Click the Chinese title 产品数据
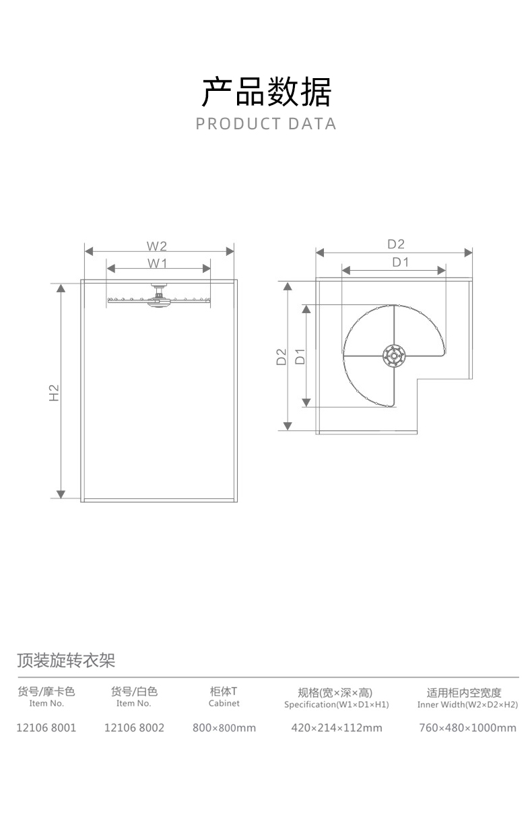click(x=266, y=92)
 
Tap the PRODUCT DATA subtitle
click(x=266, y=124)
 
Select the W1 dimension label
click(x=157, y=262)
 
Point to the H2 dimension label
click(x=55, y=393)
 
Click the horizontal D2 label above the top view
click(x=395, y=244)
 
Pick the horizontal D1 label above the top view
click(x=401, y=262)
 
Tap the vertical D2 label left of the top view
click(x=281, y=356)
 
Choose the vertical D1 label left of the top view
click(x=300, y=356)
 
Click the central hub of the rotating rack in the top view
click(x=393, y=355)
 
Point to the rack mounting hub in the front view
click(x=158, y=297)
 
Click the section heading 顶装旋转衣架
click(x=66, y=660)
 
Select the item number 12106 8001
click(x=46, y=727)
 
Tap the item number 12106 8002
click(x=134, y=727)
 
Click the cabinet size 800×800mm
click(x=224, y=727)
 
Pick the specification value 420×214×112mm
click(x=337, y=727)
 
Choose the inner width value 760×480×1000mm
click(x=467, y=727)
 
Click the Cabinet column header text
click(x=224, y=703)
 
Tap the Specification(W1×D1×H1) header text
click(x=337, y=704)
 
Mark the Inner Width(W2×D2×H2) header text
click(x=467, y=704)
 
